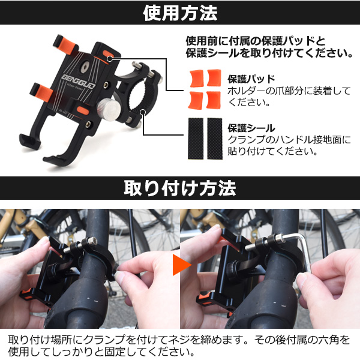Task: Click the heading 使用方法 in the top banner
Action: point(180,13)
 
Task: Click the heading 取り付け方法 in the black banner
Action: point(180,188)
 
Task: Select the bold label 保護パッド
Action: point(251,79)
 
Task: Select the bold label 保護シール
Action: point(251,128)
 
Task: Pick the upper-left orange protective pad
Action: point(197,78)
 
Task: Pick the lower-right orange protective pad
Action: point(214,100)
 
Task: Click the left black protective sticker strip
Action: point(196,139)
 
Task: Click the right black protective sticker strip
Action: point(215,139)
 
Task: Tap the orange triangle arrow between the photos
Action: point(182,265)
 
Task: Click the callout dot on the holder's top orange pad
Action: point(110,59)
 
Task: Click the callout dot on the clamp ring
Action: point(143,112)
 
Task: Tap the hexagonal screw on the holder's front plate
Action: point(85,67)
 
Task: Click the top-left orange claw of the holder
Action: point(65,45)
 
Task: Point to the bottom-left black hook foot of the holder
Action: point(29,140)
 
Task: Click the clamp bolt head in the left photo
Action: point(90,242)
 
